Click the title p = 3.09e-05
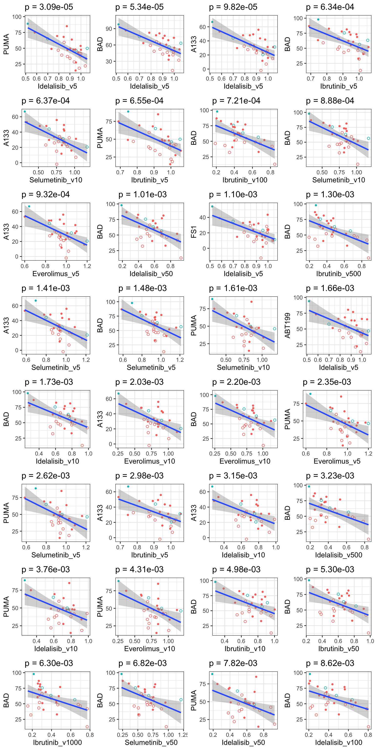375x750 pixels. pyautogui.click(x=49, y=7)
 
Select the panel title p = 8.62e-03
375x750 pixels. pyautogui.click(x=330, y=663)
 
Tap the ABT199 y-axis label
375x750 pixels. pyautogui.click(x=287, y=325)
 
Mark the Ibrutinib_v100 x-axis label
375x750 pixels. pyautogui.click(x=245, y=180)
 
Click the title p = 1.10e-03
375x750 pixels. pyautogui.click(x=233, y=195)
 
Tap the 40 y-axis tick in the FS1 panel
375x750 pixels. pyautogui.click(x=202, y=218)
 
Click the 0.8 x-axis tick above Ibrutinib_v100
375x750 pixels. pyautogui.click(x=271, y=172)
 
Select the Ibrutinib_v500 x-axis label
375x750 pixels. pyautogui.click(x=339, y=274)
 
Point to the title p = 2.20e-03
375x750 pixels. pyautogui.click(x=236, y=382)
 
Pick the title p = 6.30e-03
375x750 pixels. pyautogui.click(x=49, y=663)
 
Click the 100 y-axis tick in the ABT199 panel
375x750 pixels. pyautogui.click(x=298, y=298)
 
